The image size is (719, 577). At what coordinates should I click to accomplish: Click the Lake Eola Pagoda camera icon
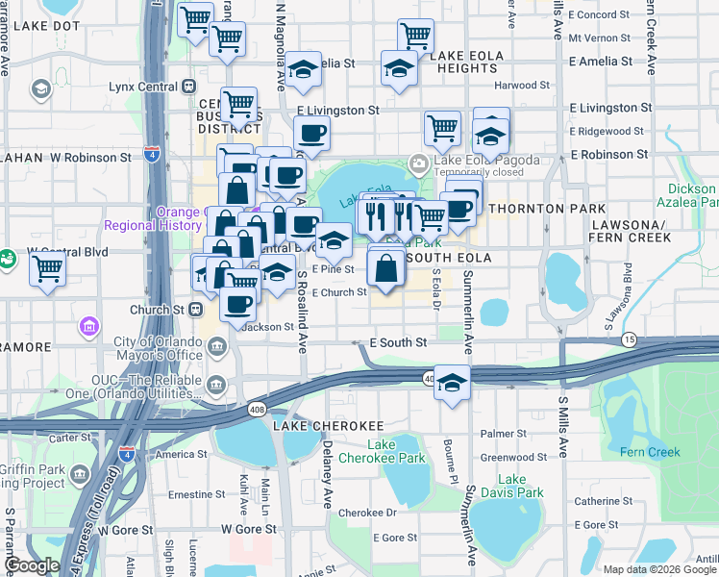point(418,161)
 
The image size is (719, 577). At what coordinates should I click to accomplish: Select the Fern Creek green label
point(650,452)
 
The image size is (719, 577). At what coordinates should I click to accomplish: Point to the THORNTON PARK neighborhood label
point(548,209)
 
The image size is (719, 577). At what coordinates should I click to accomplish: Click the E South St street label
point(397,342)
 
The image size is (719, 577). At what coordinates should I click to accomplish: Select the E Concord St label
point(599,14)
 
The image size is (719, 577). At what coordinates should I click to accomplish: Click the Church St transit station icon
point(195,310)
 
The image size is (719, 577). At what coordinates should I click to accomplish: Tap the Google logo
point(31,565)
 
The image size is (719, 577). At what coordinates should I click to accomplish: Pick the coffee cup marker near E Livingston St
point(311,134)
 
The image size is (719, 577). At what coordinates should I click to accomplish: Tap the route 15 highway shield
point(629,340)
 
